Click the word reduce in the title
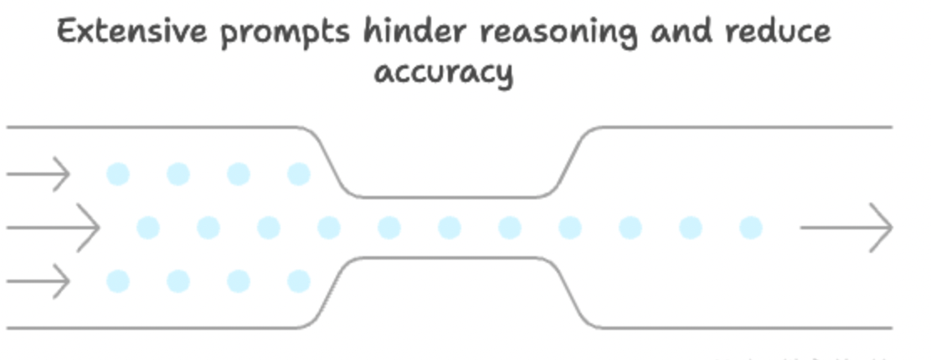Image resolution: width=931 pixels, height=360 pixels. tap(780, 32)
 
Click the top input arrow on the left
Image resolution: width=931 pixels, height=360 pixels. tap(39, 174)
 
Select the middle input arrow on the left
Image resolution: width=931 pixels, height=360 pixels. tap(53, 227)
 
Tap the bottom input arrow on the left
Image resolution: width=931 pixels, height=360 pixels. tap(39, 281)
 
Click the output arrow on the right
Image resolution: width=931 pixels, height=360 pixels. tap(846, 227)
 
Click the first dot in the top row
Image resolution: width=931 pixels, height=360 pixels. tap(118, 174)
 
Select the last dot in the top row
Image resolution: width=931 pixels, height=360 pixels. tap(299, 174)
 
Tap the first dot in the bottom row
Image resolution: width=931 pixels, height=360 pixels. tap(118, 281)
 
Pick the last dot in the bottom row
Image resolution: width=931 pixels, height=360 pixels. tap(299, 281)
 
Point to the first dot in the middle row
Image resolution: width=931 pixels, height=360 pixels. tap(148, 227)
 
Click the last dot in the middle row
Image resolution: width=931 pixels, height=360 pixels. tap(751, 227)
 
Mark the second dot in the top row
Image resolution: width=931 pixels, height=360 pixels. tap(178, 174)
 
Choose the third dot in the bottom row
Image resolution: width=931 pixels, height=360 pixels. tap(239, 281)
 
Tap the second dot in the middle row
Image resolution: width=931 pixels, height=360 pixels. tap(208, 227)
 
